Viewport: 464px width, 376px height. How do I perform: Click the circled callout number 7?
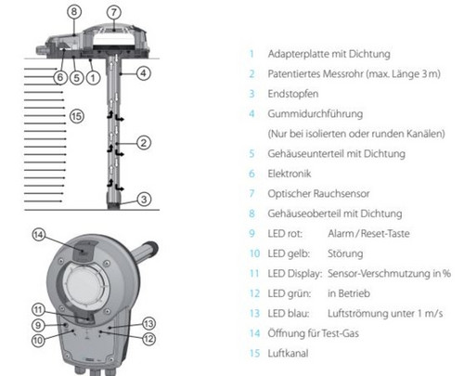point(114,12)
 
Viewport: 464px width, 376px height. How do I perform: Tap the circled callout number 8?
point(74,12)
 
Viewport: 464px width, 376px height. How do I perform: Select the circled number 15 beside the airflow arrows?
point(77,116)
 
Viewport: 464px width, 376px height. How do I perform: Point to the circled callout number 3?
point(144,200)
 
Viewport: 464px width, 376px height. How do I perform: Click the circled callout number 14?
point(39,235)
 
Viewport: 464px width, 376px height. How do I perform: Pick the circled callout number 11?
point(38,310)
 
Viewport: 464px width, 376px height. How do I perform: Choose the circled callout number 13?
point(148,324)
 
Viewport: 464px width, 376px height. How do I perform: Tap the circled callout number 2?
point(144,143)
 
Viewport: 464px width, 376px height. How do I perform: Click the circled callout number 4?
point(144,73)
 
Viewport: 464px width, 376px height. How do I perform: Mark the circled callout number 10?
point(38,341)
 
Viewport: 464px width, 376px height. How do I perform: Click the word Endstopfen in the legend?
point(293,94)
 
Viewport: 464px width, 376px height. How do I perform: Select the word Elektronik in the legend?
point(290,174)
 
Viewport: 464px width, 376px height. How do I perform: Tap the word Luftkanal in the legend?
point(288,354)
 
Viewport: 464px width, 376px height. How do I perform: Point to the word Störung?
point(345,253)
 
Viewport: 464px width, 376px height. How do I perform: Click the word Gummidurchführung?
point(316,114)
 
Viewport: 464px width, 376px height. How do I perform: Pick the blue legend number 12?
point(254,293)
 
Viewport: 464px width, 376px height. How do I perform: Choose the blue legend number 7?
point(251,194)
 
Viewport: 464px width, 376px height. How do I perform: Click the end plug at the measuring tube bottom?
point(113,201)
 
